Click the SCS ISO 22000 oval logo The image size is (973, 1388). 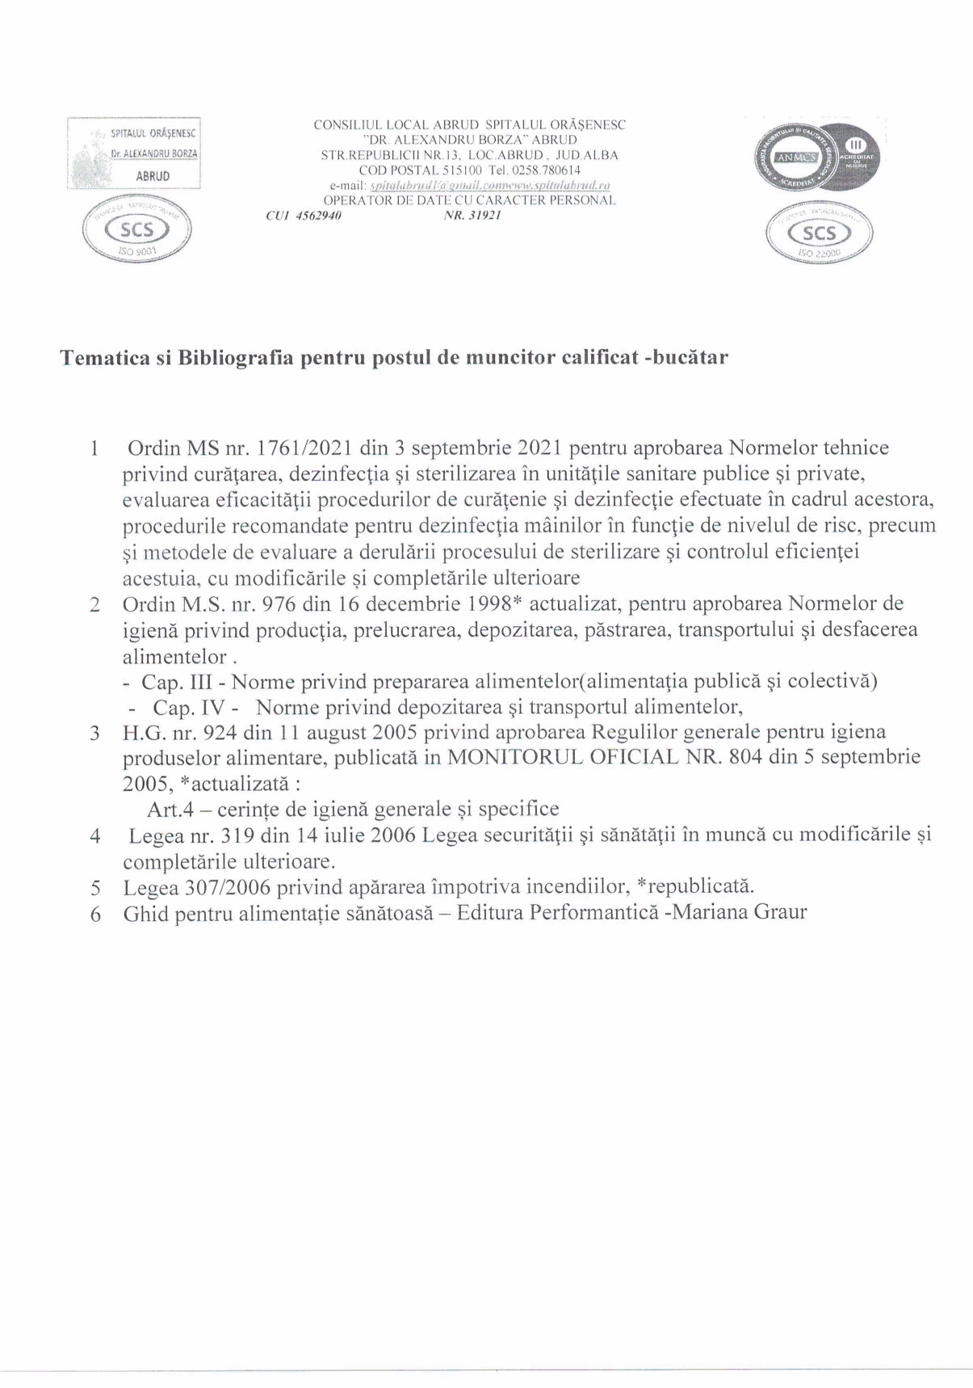(x=820, y=233)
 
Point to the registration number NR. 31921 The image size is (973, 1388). (x=472, y=216)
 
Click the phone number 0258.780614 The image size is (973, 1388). (x=552, y=170)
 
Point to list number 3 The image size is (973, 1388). (x=94, y=734)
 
